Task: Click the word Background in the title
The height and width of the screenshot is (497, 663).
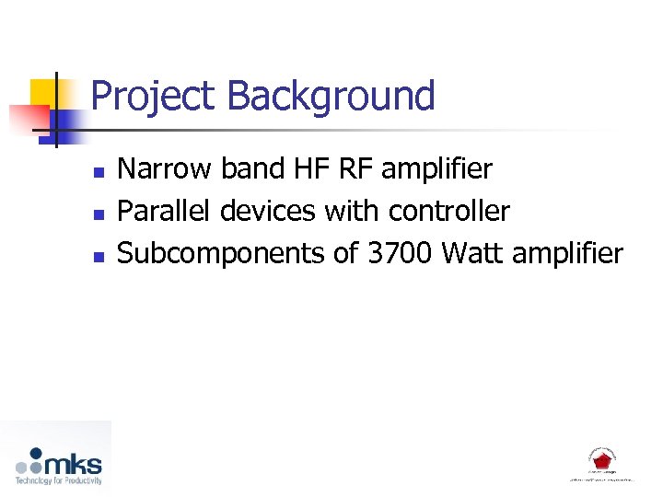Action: pos(331,97)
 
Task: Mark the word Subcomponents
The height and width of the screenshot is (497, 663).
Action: pos(221,254)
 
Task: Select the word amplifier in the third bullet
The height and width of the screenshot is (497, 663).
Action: pos(567,254)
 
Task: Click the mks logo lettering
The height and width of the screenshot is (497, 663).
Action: pos(74,463)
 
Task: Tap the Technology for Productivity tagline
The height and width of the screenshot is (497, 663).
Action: pos(58,480)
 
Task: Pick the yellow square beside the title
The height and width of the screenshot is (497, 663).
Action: pos(45,93)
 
